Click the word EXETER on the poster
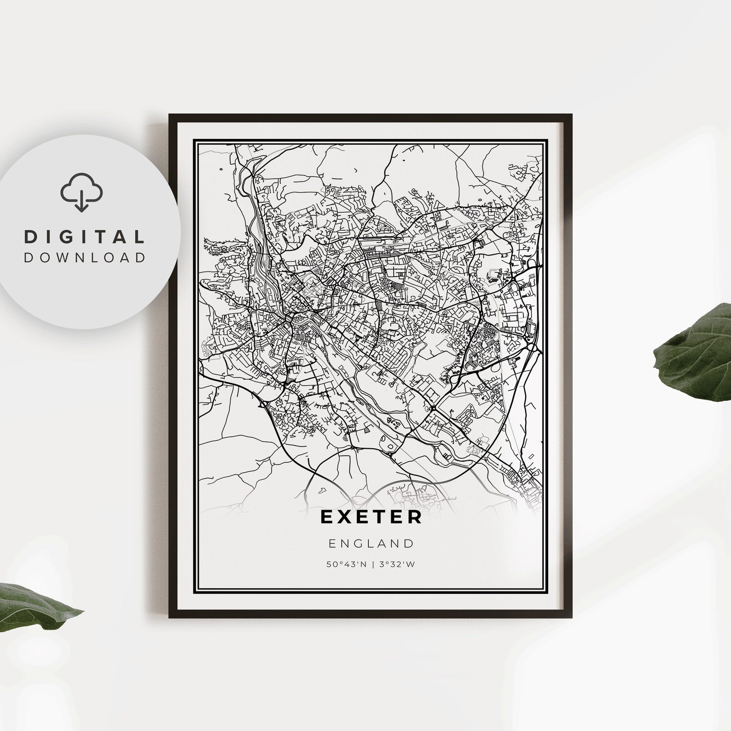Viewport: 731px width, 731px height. (x=371, y=516)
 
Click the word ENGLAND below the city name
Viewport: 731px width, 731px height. (x=371, y=544)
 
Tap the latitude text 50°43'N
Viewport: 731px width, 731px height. (x=347, y=564)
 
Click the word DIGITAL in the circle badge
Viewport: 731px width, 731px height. (x=84, y=237)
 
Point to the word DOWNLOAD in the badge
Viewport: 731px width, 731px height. (x=84, y=257)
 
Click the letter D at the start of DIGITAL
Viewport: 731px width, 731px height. (x=30, y=237)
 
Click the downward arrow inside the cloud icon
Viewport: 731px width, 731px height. (x=81, y=201)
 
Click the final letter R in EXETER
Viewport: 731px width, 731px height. (x=415, y=516)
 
